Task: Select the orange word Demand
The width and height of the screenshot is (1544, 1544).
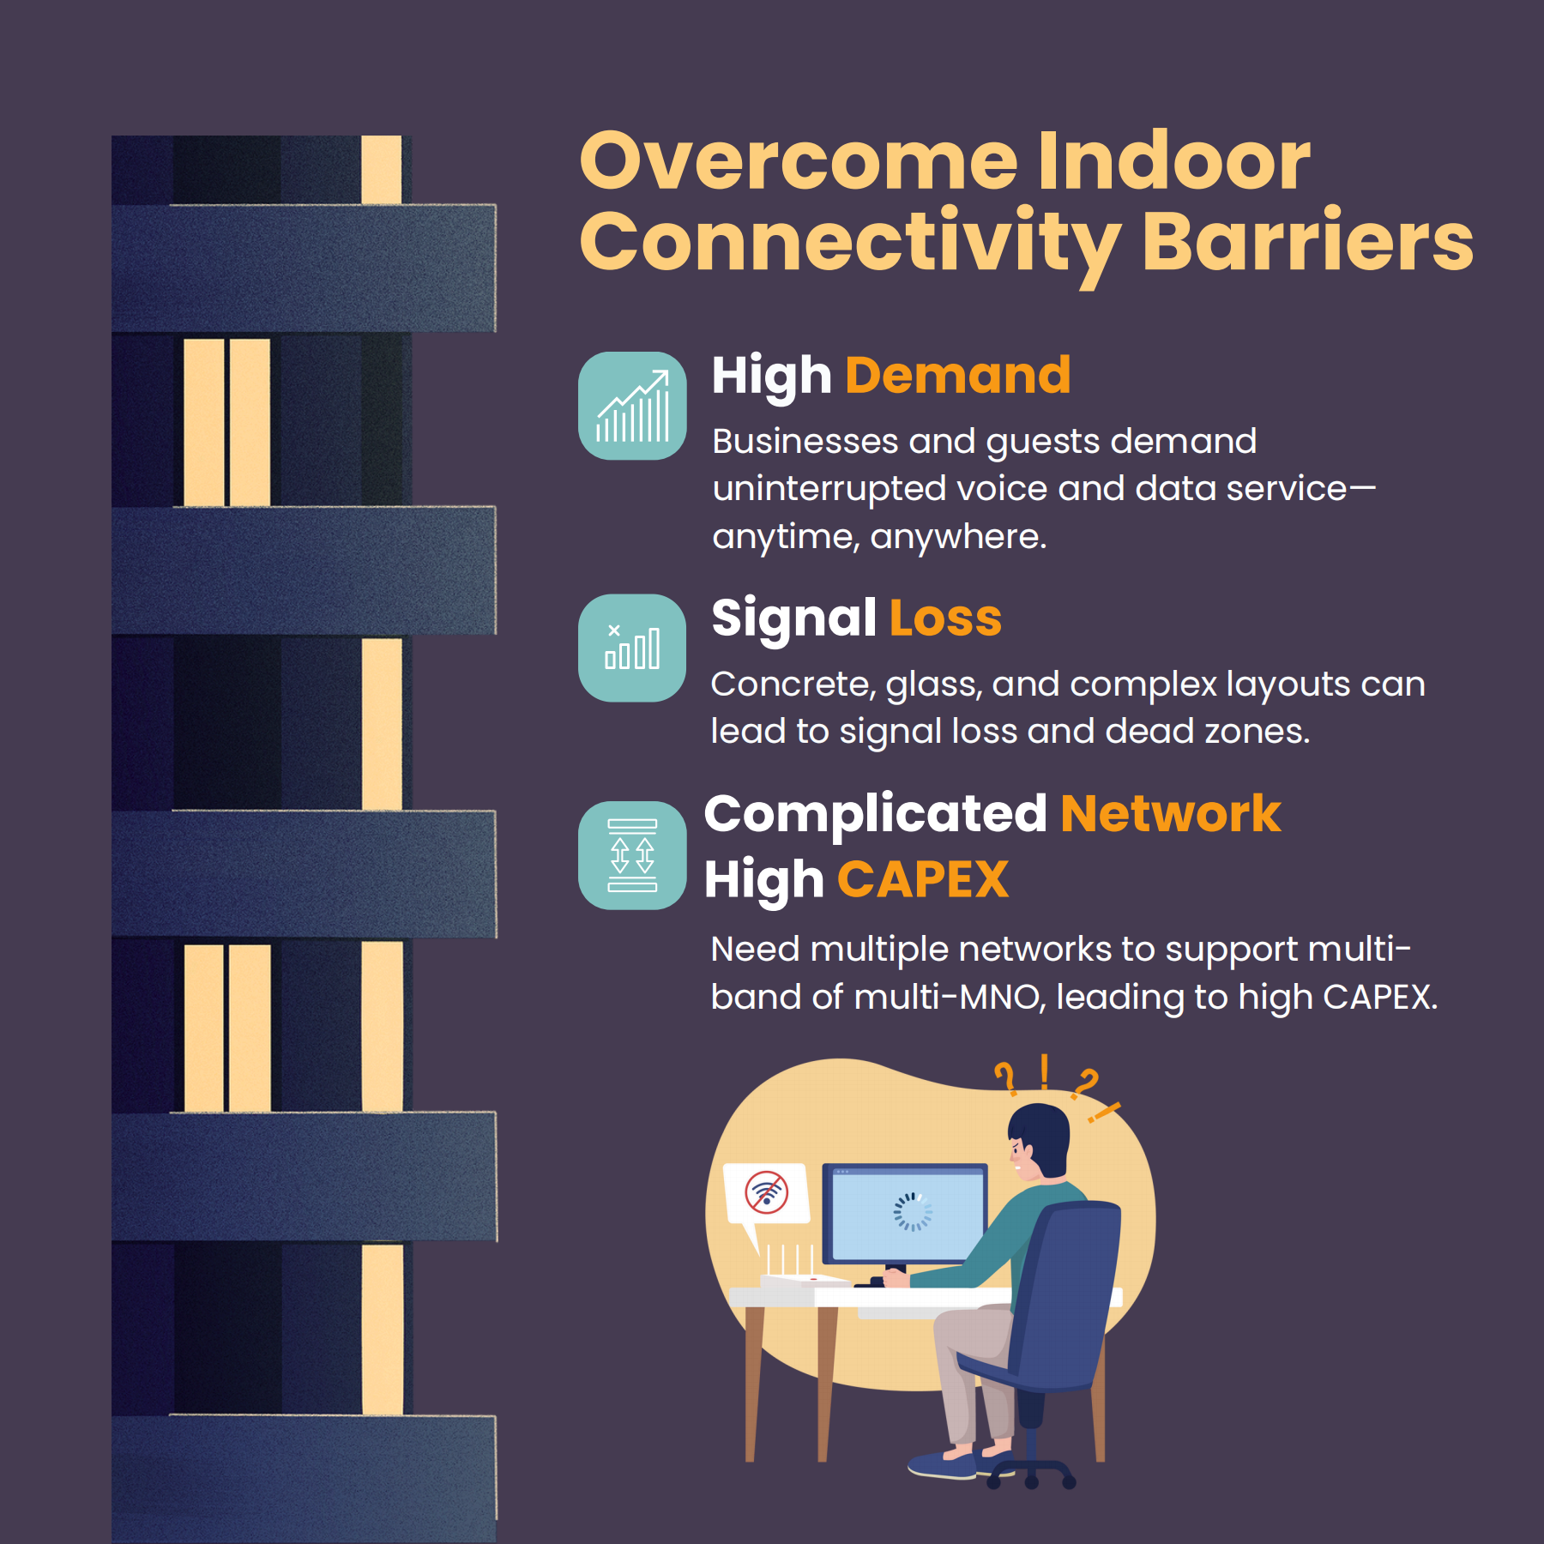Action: [958, 376]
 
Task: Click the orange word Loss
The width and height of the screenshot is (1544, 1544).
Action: [945, 618]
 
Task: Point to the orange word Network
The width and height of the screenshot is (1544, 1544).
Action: [1171, 813]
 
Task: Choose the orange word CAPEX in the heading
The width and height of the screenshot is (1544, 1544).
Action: [923, 879]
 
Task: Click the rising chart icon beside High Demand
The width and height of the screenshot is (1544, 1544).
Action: [632, 406]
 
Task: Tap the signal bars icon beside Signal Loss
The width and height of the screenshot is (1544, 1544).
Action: [632, 648]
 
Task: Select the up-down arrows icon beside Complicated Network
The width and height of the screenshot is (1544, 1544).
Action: [632, 855]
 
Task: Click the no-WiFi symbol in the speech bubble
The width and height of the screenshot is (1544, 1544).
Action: [766, 1191]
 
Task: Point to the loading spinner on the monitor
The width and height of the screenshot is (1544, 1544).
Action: [913, 1211]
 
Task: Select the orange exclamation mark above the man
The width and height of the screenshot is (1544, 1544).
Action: [1044, 1072]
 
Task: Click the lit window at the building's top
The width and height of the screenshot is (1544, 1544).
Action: [381, 170]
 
